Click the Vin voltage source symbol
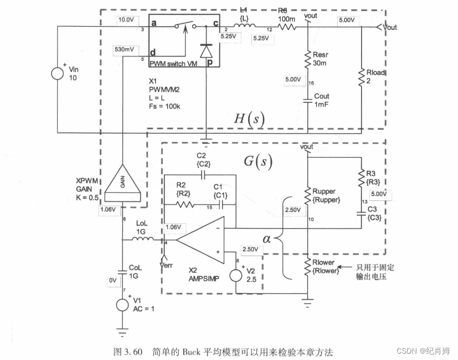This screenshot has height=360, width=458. click(57, 73)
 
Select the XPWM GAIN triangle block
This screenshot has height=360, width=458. click(122, 183)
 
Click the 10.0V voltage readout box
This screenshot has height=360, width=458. click(126, 20)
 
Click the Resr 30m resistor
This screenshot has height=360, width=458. click(308, 59)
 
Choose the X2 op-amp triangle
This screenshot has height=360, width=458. click(200, 241)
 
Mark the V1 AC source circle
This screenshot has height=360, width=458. click(122, 305)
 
